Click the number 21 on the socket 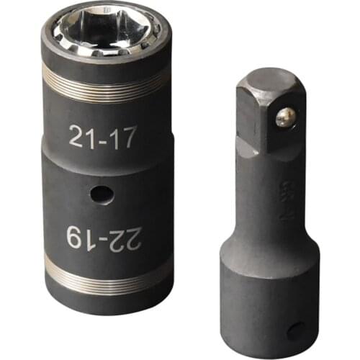pyautogui.click(x=82, y=137)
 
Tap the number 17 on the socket pyautogui.click(x=122, y=137)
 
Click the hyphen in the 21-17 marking pyautogui.click(x=102, y=138)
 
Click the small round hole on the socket pyautogui.click(x=102, y=194)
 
